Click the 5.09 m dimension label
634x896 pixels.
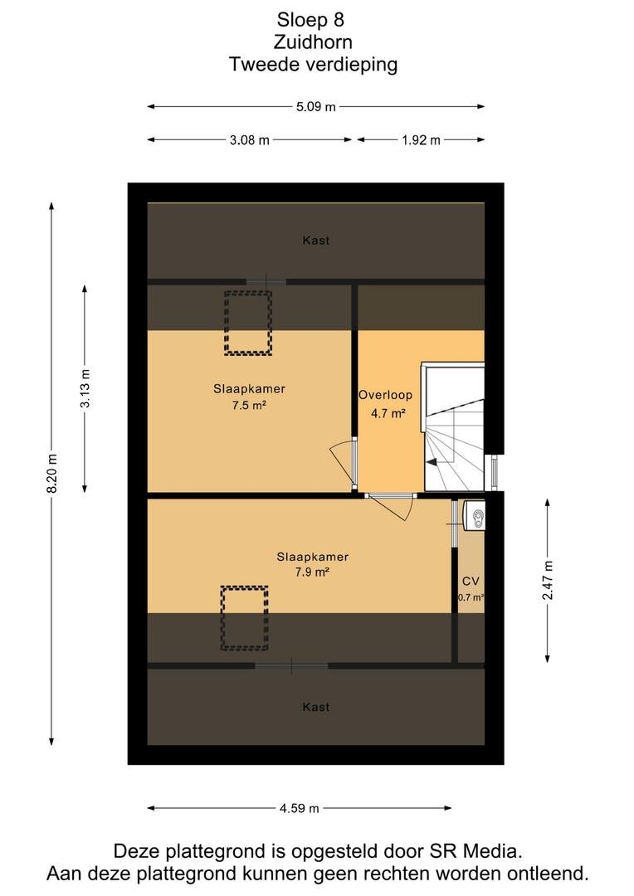(316, 107)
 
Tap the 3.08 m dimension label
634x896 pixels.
(250, 140)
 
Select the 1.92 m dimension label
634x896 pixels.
(422, 140)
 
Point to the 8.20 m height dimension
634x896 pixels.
(52, 474)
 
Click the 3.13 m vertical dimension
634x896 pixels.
(85, 388)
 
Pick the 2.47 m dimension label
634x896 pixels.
(548, 581)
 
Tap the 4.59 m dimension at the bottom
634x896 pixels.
(300, 809)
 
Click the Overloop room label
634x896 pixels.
(385, 395)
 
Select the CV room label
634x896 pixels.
(471, 581)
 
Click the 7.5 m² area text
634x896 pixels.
(249, 406)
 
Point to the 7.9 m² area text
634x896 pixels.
(312, 572)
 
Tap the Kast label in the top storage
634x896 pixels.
(316, 241)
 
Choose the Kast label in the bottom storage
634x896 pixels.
(316, 708)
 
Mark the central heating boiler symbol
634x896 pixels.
(473, 516)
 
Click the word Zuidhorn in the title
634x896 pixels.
(314, 42)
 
